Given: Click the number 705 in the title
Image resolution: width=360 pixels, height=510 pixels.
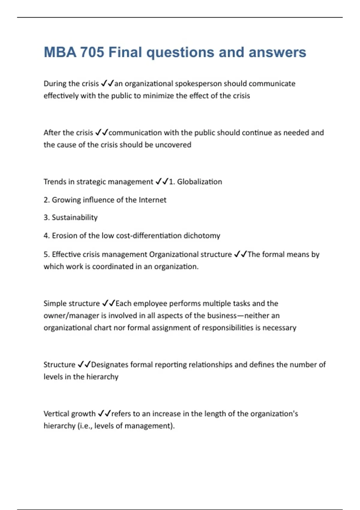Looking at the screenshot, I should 92,52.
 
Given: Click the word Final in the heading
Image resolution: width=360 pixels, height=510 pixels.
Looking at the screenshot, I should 125,52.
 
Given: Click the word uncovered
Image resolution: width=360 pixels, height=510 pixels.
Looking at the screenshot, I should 173,145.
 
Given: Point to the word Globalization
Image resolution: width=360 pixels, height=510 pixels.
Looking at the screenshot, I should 199,182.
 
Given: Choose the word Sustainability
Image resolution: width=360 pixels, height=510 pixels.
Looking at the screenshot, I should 75,217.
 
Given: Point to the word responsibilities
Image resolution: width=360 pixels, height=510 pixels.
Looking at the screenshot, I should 228,328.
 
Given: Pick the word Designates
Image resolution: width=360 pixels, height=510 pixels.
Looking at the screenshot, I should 109,364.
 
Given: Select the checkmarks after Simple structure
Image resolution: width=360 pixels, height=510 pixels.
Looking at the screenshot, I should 108,303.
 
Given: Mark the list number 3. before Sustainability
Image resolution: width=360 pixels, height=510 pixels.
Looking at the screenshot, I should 46,217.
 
